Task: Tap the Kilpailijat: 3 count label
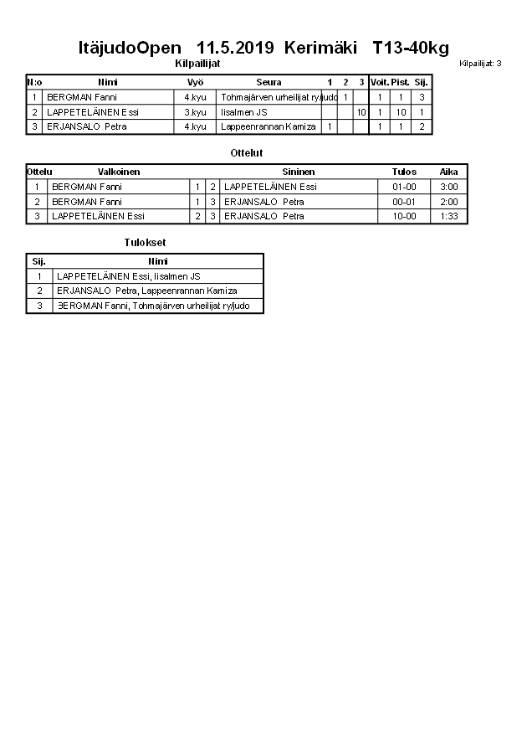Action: tap(480, 64)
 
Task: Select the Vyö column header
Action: tap(196, 83)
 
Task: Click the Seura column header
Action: tap(269, 83)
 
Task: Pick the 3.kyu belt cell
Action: tap(195, 112)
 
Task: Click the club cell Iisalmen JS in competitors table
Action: tap(244, 112)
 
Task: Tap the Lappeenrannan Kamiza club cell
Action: tap(269, 126)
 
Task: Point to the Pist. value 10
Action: tap(402, 112)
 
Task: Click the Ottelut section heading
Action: tap(246, 153)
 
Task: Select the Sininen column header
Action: tap(299, 172)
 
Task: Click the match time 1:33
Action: tap(449, 216)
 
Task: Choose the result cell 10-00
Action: tap(404, 216)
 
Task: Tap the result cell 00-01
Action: tap(404, 202)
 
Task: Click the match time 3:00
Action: tap(449, 187)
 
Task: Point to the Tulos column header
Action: tap(404, 172)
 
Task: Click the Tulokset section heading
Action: tap(139, 243)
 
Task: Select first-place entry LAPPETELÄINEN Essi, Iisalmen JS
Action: tap(128, 276)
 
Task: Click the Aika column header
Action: tap(449, 172)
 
